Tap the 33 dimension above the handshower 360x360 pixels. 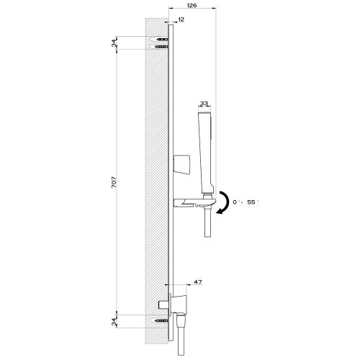tap(204, 104)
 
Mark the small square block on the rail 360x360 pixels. tap(181, 163)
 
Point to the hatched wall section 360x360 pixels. tap(155, 180)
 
